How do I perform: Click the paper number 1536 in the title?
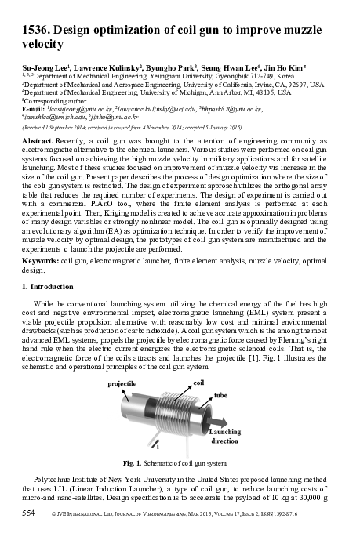click(35, 31)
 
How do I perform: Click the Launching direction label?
click(226, 436)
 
